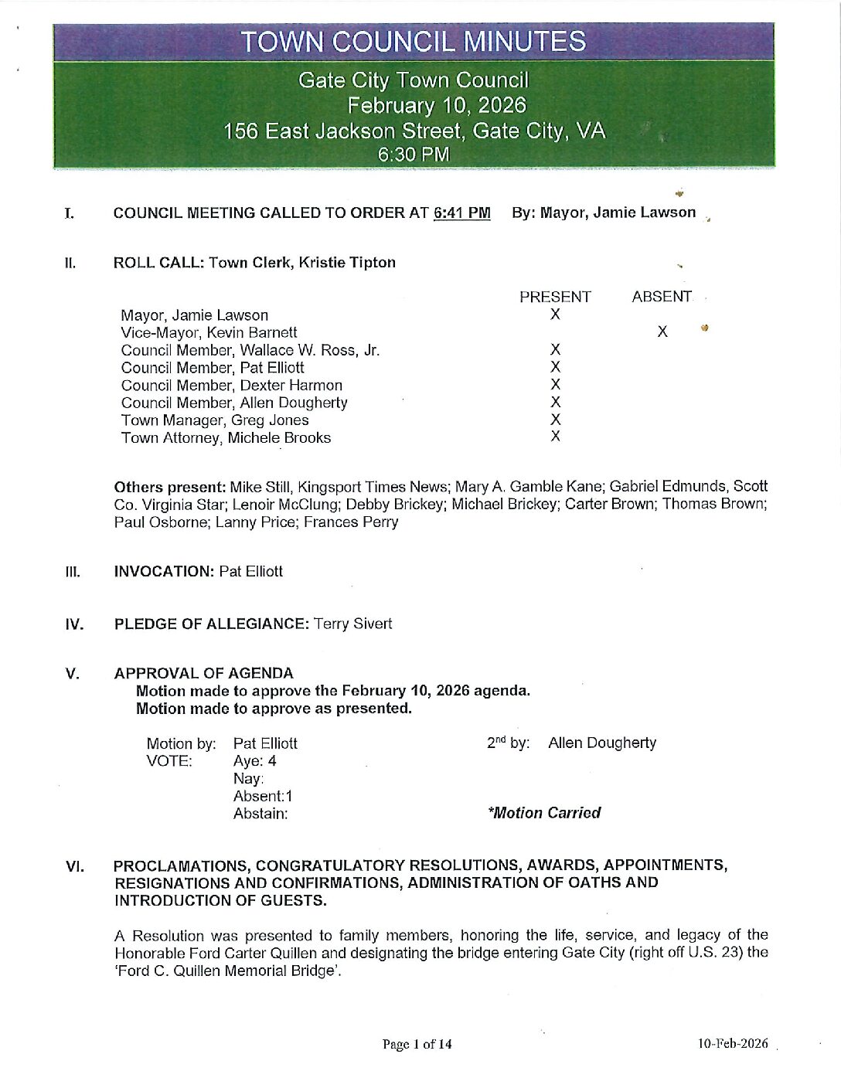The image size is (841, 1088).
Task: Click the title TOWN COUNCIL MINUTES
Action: click(414, 42)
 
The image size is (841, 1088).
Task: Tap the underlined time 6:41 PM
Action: click(461, 212)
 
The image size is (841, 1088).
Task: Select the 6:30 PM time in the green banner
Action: click(414, 155)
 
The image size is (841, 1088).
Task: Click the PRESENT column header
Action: click(555, 297)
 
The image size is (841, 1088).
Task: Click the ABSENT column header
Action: click(661, 297)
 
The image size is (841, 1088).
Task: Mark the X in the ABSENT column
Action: click(662, 332)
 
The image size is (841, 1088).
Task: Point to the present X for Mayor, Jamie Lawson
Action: click(555, 314)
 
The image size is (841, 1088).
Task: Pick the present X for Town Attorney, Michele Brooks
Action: click(555, 437)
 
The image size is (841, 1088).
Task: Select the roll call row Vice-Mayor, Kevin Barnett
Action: click(209, 332)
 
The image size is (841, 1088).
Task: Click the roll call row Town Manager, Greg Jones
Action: click(215, 420)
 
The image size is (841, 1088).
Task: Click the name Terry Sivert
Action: click(352, 624)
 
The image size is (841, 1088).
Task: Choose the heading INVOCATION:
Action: click(164, 572)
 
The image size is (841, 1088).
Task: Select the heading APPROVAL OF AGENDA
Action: click(204, 673)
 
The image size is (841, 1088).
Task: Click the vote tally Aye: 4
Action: click(255, 761)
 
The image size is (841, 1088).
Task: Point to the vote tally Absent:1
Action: click(263, 796)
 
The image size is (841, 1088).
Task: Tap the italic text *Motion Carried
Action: click(544, 813)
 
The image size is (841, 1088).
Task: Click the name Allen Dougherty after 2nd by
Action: click(602, 743)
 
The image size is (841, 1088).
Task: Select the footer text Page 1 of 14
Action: click(417, 1044)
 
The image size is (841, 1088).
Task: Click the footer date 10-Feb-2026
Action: click(733, 1044)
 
